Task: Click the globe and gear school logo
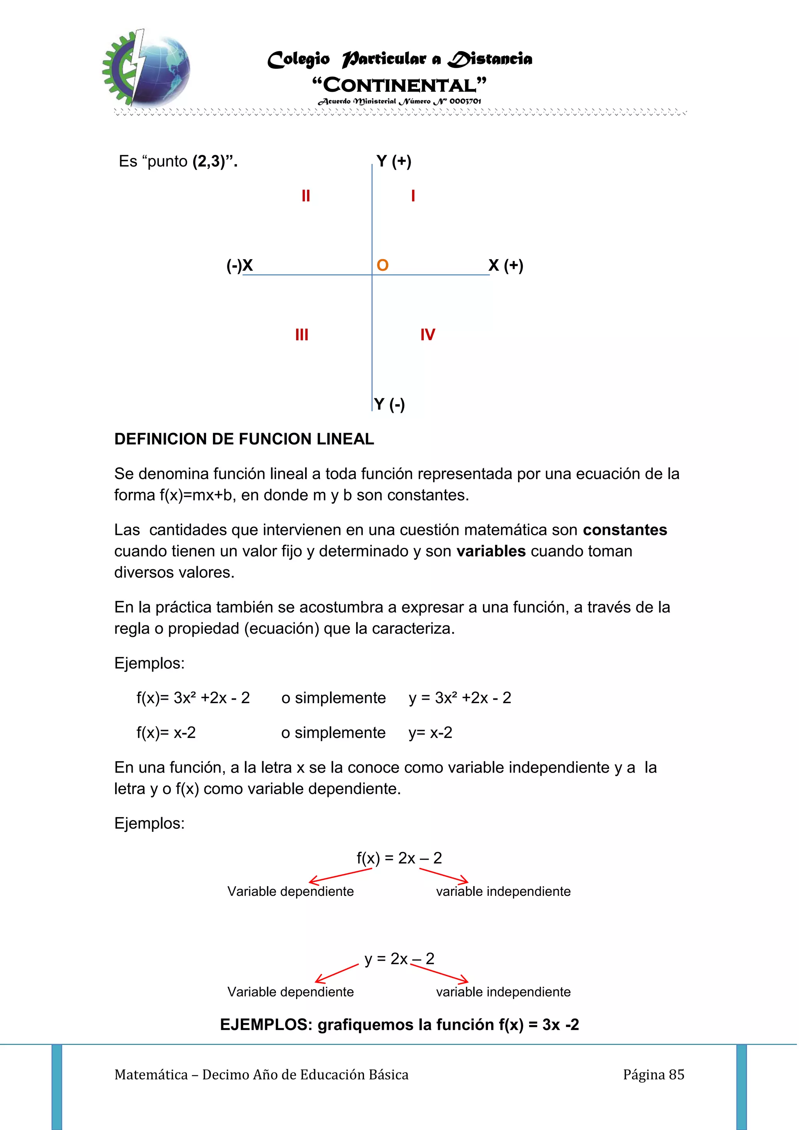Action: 146,68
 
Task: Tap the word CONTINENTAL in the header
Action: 399,85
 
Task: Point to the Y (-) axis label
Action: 389,404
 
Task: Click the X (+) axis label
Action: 505,265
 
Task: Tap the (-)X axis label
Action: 240,265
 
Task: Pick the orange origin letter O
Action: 382,265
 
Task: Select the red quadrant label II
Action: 305,196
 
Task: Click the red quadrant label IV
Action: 427,335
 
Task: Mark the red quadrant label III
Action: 302,335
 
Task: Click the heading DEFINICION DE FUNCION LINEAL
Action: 244,439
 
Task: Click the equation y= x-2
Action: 430,732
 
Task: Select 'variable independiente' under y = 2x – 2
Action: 503,992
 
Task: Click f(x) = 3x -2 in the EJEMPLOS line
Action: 539,1025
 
